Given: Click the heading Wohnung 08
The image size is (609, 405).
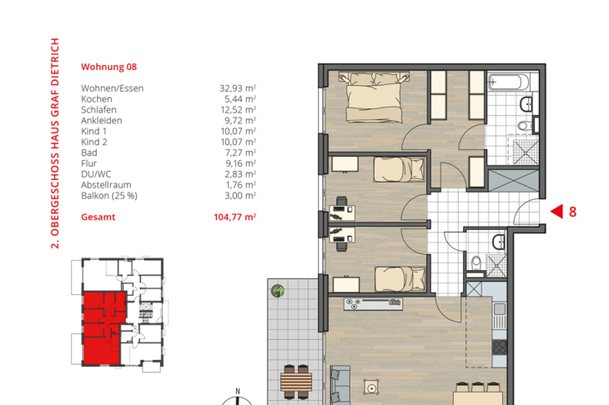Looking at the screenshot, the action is [108, 67].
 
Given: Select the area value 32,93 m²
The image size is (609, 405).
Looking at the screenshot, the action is [238, 88].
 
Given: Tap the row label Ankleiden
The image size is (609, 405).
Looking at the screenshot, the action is [102, 120].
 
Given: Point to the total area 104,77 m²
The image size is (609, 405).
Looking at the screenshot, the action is [235, 217].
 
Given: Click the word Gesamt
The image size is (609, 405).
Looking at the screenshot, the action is [98, 217].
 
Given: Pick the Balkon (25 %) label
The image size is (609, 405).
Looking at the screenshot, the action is [109, 196].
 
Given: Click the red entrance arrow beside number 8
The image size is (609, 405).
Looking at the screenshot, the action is [556, 212].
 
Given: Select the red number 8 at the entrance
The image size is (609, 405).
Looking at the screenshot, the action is [573, 212].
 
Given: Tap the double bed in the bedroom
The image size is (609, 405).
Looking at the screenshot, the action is [374, 97].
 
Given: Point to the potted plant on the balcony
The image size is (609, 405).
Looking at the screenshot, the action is [278, 291].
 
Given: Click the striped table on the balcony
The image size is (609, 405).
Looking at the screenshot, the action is [296, 382].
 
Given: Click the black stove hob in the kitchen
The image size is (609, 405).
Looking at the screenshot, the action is [500, 347].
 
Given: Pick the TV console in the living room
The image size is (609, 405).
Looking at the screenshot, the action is [373, 303].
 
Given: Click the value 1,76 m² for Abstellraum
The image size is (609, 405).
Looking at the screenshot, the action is [241, 185].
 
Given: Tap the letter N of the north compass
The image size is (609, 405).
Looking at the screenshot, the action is [238, 392].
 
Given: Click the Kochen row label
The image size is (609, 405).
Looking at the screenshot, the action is [97, 99].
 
